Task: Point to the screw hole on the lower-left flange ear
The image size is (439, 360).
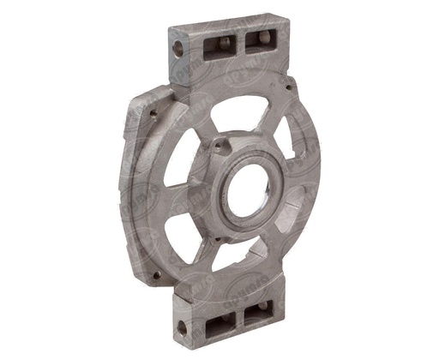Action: tap(155, 275)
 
